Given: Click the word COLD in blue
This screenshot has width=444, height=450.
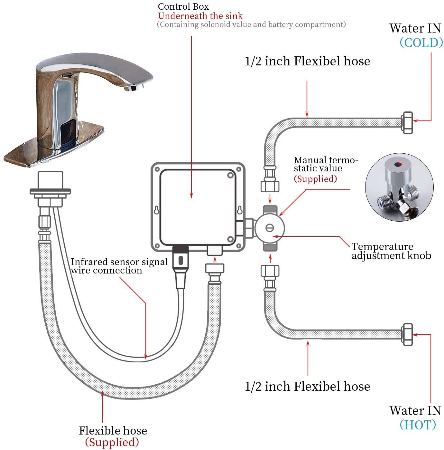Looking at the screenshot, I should click(x=421, y=43).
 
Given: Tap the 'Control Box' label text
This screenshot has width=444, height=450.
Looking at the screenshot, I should click(x=183, y=6).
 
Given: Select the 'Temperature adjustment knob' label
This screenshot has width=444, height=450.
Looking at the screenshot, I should click(x=391, y=251).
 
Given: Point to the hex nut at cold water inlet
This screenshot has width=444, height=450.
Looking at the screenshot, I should click(x=407, y=123).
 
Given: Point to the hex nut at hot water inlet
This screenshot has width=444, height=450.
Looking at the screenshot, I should click(x=407, y=335).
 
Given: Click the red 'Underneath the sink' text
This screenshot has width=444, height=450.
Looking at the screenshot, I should click(x=200, y=16).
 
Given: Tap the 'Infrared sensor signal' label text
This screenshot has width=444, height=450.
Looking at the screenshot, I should click(x=119, y=262).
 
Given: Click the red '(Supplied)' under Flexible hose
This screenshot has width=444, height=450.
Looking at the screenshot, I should click(x=112, y=442).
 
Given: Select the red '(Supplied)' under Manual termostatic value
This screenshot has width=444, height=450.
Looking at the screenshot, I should click(x=315, y=179).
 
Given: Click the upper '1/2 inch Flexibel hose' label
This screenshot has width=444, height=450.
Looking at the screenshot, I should click(x=307, y=61).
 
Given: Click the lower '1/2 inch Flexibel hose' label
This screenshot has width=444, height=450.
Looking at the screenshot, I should click(x=307, y=386).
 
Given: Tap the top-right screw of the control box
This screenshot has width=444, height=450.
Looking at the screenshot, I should click(x=230, y=175).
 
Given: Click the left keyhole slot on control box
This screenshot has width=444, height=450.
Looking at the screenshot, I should click(x=156, y=210).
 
